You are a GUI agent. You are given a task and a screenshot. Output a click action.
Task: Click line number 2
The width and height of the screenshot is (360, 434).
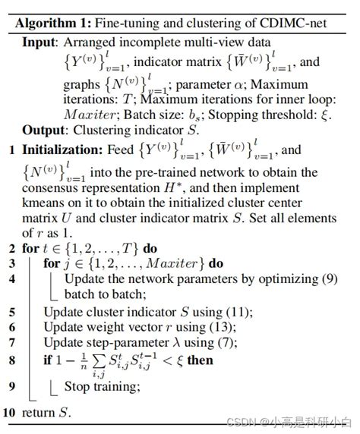pos(11,248)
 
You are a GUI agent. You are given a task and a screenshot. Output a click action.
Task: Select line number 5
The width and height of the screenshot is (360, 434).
pos(11,312)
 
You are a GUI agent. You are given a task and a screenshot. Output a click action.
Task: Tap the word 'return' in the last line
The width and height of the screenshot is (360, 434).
pos(39,413)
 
